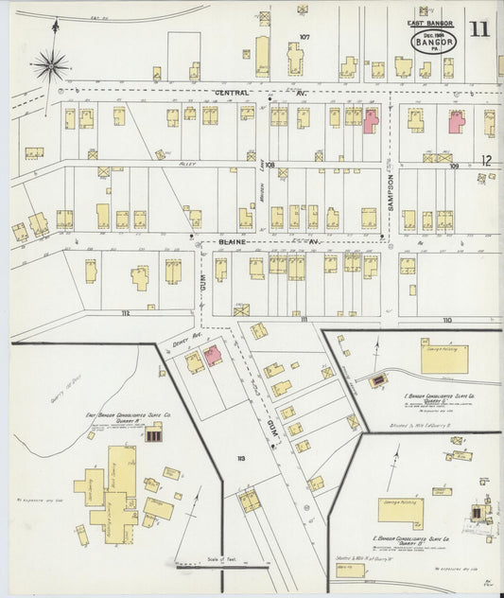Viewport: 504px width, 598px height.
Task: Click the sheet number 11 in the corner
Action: pos(479,28)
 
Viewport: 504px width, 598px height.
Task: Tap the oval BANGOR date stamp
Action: pos(434,41)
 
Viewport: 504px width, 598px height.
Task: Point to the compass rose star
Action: pos(50,65)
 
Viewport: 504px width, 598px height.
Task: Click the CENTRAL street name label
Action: pos(232,93)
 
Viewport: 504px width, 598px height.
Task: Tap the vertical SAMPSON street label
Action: pos(388,199)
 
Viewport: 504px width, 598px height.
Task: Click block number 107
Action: pos(304,37)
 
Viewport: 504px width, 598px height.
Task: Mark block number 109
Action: pos(454,167)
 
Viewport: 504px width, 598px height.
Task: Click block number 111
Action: pos(304,321)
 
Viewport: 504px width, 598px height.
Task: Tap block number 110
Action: pos(447,321)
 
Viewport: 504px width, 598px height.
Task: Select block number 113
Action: pos(241,459)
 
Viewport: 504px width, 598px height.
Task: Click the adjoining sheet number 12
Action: pos(486,160)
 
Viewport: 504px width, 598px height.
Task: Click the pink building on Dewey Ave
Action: pos(214,355)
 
